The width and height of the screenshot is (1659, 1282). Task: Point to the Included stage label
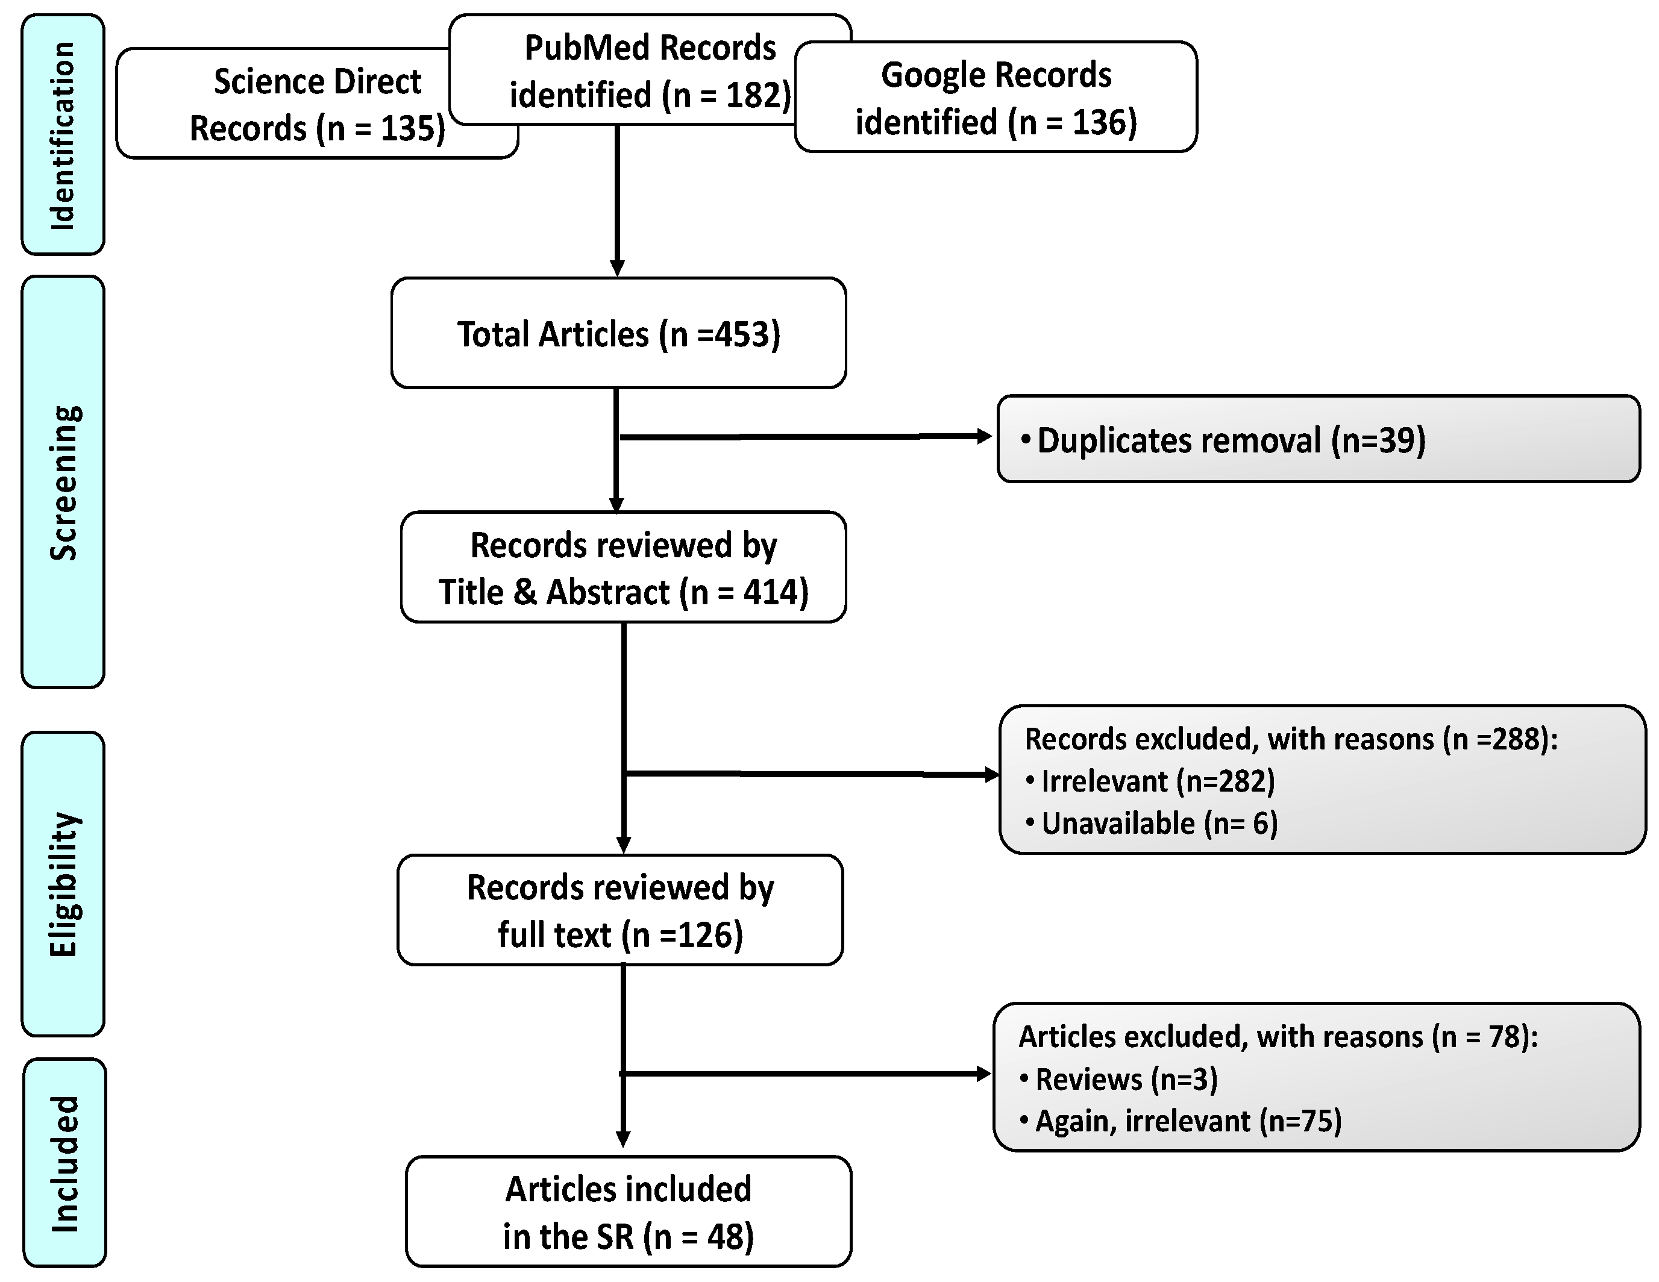(64, 1163)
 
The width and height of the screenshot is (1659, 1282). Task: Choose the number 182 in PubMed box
(753, 96)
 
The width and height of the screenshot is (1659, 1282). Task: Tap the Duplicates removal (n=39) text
(1231, 440)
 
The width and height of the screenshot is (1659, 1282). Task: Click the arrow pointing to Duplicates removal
(805, 437)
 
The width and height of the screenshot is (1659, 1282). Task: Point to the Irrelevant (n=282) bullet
(1157, 781)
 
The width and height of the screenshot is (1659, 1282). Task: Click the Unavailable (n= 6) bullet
(1158, 824)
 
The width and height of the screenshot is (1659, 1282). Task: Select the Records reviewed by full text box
(620, 911)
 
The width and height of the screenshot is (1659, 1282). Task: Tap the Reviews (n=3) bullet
(1126, 1079)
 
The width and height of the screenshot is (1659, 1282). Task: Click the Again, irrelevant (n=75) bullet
(1187, 1122)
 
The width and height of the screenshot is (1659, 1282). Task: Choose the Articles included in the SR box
(628, 1212)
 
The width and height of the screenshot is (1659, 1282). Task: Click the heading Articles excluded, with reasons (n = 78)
(1277, 1037)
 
